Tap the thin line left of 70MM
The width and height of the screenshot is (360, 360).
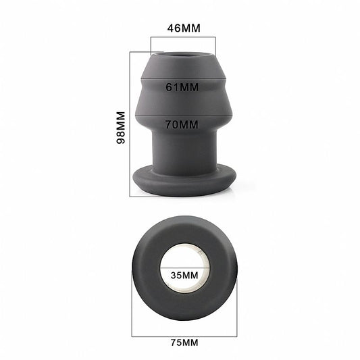pyautogui.click(x=150, y=124)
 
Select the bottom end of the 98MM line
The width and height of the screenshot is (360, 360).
pyautogui.click(x=130, y=196)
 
